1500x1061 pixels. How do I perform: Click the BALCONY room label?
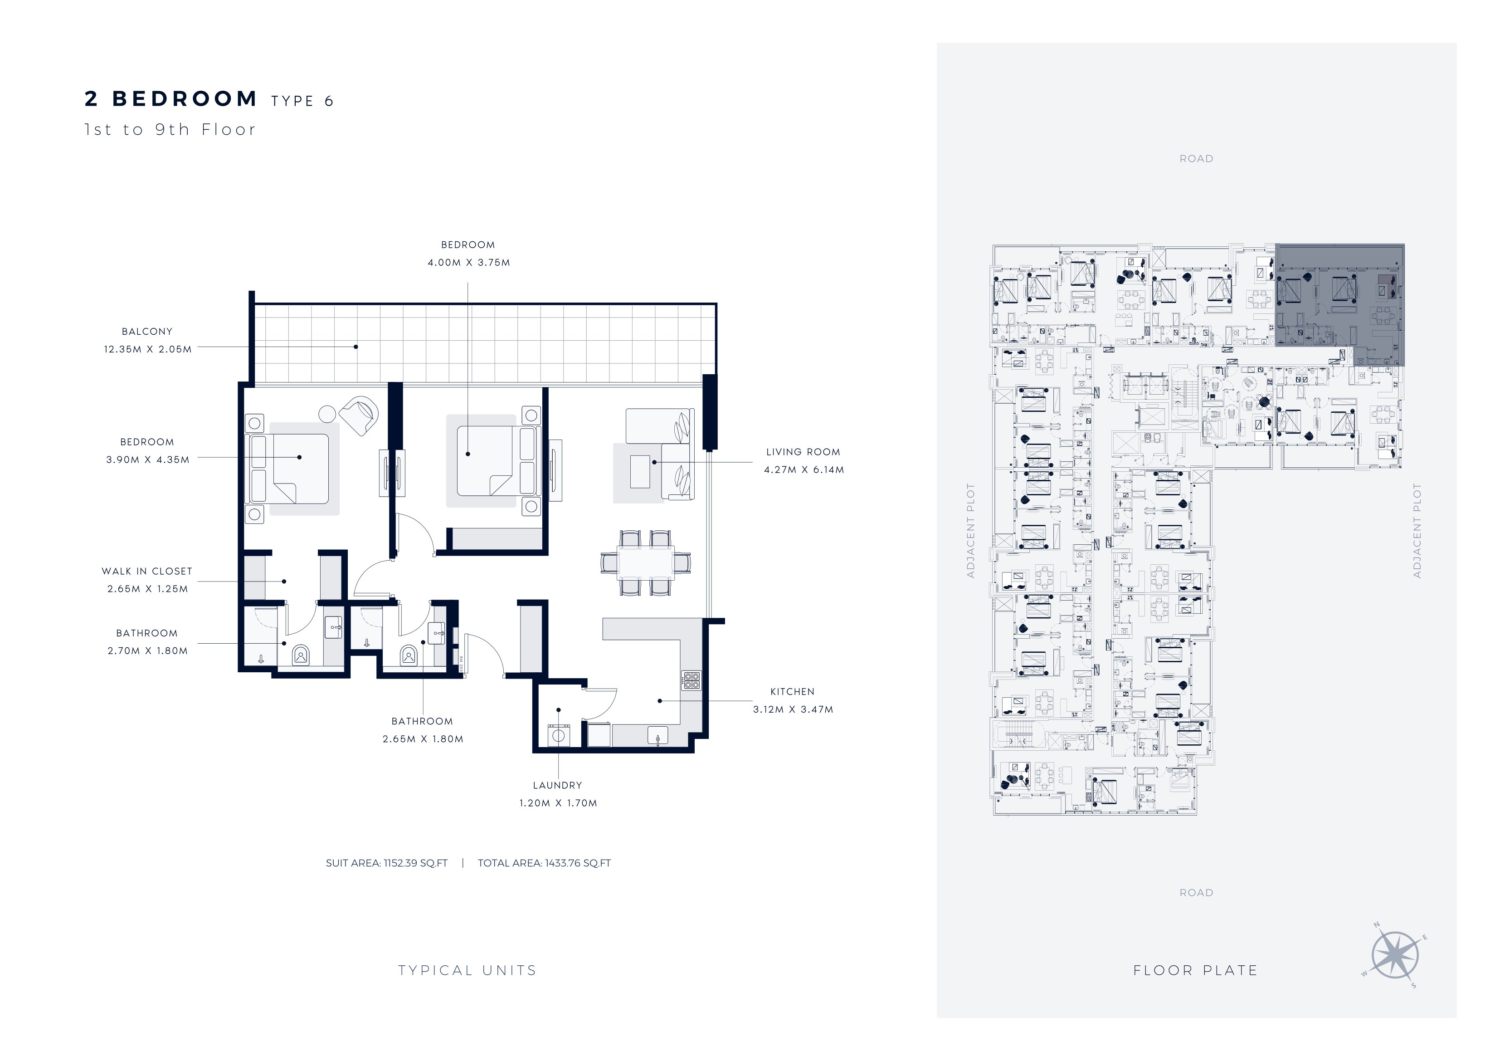[147, 332]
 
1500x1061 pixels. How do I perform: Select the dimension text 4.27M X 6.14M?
[804, 469]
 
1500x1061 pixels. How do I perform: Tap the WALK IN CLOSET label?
[147, 571]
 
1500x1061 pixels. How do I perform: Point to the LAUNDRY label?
[557, 785]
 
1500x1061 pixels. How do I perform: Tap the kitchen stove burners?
[691, 680]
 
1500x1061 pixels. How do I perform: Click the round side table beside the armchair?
[327, 414]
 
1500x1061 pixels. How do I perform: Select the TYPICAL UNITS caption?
[467, 970]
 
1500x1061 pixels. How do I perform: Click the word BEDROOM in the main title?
[185, 99]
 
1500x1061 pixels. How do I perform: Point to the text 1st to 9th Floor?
[170, 129]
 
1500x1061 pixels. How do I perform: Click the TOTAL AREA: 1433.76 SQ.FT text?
[544, 863]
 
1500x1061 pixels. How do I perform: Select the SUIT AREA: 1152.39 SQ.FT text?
[387, 863]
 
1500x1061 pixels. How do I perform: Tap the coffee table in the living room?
[640, 471]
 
